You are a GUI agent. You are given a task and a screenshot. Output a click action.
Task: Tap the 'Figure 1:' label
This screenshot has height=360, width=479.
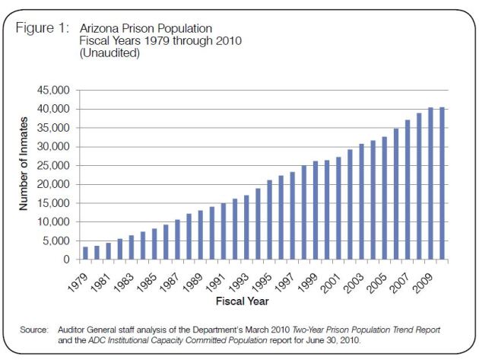[43, 27]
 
